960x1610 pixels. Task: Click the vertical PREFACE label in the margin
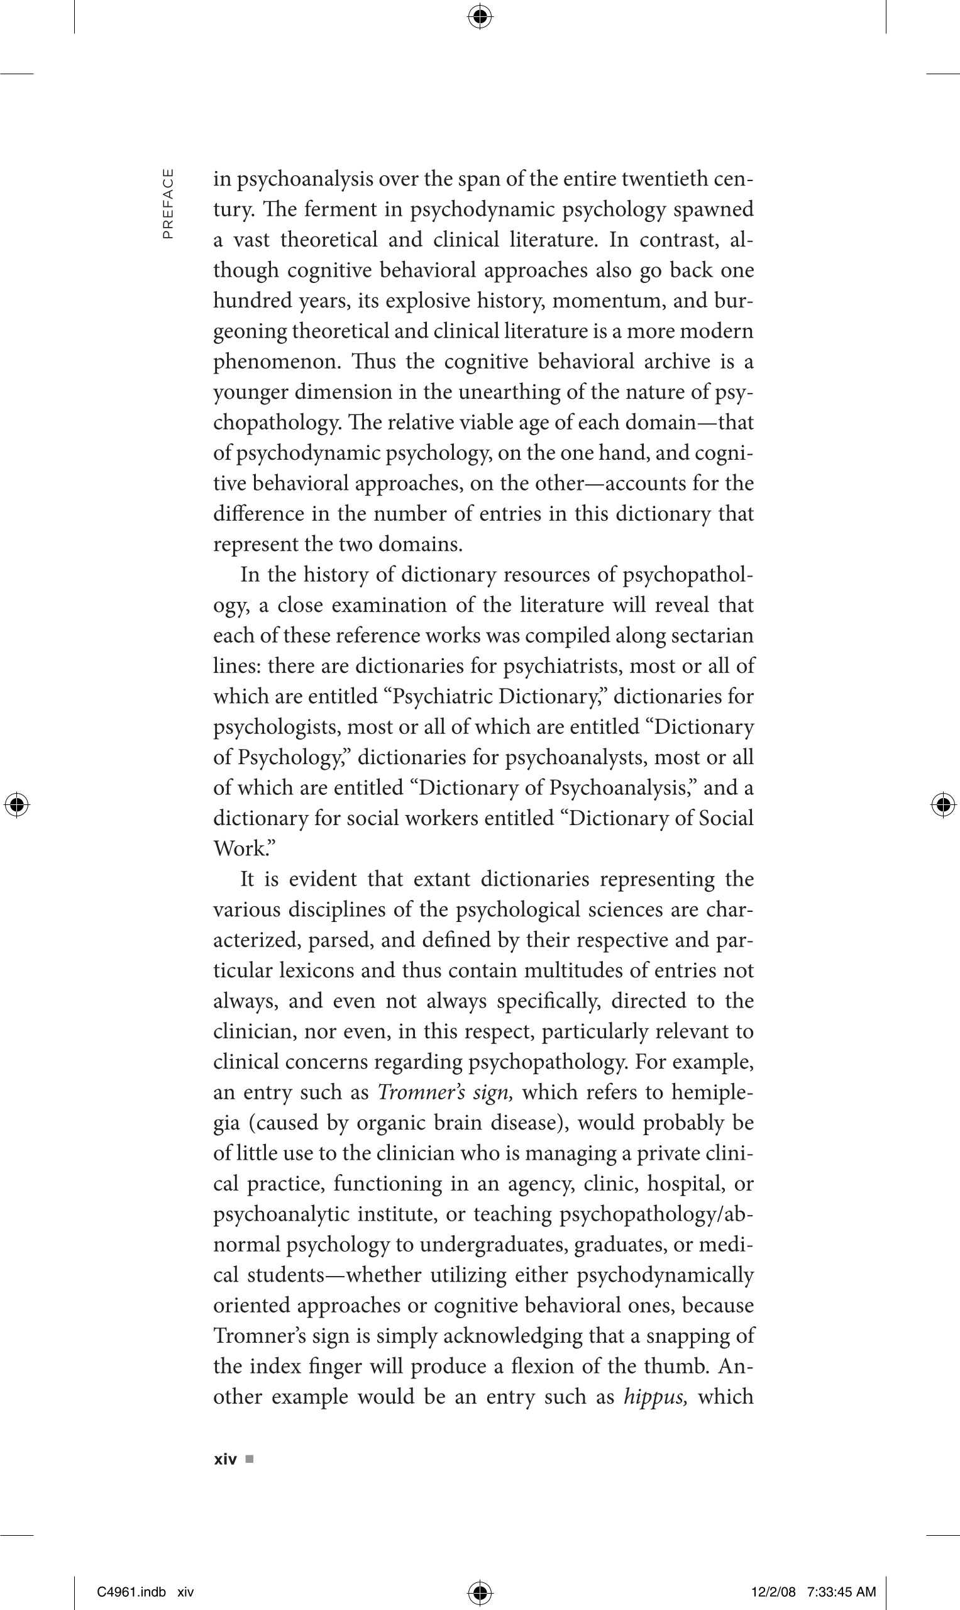[168, 204]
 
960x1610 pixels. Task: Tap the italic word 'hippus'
[649, 1396]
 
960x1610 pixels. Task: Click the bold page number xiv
[225, 1460]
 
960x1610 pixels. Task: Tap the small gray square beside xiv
[250, 1460]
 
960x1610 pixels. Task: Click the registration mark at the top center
[479, 17]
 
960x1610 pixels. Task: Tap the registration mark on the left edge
[17, 805]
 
